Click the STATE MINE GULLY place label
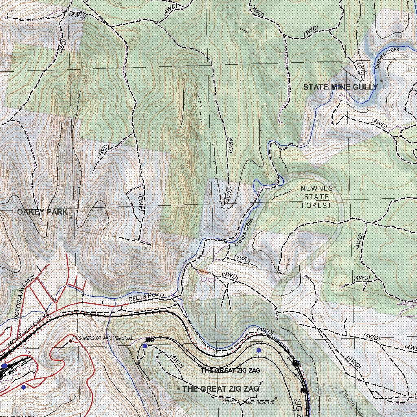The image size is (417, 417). pyautogui.click(x=340, y=87)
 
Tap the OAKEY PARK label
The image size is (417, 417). pyautogui.click(x=42, y=212)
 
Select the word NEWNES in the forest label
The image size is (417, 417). pyautogui.click(x=316, y=189)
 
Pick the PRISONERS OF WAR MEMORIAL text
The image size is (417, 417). pyautogui.click(x=103, y=338)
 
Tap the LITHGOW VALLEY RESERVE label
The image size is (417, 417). pyautogui.click(x=248, y=402)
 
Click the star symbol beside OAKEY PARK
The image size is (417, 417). pyautogui.click(x=71, y=218)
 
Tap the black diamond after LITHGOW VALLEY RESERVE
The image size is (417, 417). pyautogui.click(x=276, y=398)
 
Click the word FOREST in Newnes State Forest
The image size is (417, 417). pyautogui.click(x=316, y=206)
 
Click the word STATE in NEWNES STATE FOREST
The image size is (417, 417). pyautogui.click(x=316, y=197)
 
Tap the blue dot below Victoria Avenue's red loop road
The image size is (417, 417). pyautogui.click(x=24, y=387)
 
